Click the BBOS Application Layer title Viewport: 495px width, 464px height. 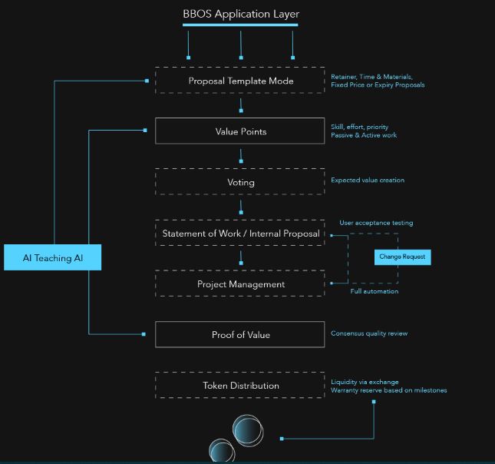240,14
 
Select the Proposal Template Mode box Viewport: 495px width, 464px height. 240,81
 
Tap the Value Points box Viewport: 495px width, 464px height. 240,131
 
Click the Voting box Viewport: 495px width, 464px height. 240,182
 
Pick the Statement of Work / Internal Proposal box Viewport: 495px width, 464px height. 240,233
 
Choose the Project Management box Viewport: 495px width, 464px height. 240,284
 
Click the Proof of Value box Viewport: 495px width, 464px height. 240,335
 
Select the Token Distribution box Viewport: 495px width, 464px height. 240,386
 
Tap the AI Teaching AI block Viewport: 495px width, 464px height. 52,258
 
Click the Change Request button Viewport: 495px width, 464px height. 402,257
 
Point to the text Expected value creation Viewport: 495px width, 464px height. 368,181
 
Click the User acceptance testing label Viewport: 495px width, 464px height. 376,223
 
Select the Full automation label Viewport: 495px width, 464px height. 375,291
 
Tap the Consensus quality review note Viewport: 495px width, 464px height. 369,333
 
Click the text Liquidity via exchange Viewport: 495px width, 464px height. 365,382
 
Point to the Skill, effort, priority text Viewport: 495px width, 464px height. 354,127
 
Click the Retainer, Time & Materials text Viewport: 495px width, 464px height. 371,77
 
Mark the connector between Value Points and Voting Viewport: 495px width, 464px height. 241,156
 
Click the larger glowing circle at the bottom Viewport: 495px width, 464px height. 247,430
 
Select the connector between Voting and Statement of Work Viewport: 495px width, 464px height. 241,207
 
